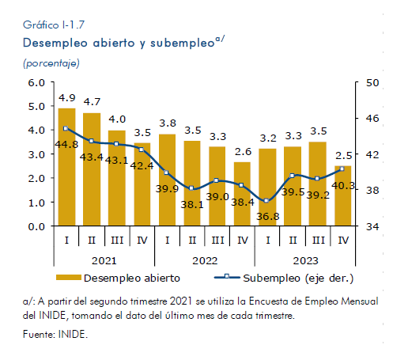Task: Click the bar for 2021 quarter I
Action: tap(66, 167)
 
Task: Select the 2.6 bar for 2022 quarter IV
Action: tap(242, 194)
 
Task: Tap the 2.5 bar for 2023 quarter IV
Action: tap(343, 195)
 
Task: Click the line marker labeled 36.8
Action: tap(266, 201)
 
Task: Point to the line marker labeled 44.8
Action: tap(66, 128)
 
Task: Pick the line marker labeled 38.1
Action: tap(191, 188)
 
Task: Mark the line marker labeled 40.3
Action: tap(342, 169)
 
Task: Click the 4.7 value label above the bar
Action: tap(92, 102)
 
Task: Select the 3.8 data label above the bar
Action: tap(168, 123)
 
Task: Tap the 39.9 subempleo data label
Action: tap(167, 189)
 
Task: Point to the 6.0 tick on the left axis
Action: tap(36, 82)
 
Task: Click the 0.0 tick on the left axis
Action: tap(36, 226)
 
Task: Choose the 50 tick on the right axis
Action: tap(372, 83)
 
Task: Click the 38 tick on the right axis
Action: tap(372, 190)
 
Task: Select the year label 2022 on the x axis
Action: tap(205, 261)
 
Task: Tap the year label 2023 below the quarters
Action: tap(305, 261)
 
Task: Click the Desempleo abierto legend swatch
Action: tap(69, 278)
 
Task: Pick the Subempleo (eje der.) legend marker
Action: tap(227, 277)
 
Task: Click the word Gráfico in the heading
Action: tap(41, 25)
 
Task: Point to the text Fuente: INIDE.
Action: tap(55, 335)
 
